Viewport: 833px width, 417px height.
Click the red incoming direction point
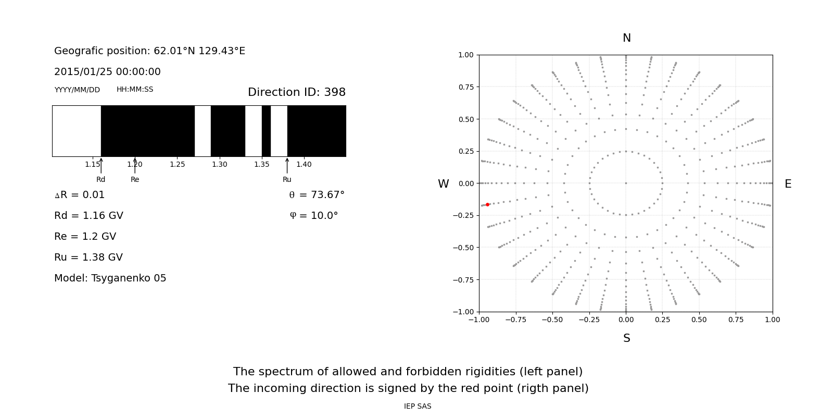click(487, 205)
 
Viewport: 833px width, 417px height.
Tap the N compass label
click(626, 38)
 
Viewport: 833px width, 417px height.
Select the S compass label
click(626, 338)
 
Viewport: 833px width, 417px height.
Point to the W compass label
click(443, 184)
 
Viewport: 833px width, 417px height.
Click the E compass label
click(788, 184)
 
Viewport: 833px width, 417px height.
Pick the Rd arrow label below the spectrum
click(100, 179)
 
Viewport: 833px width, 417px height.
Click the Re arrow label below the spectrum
click(135, 179)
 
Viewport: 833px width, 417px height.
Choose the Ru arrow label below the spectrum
click(287, 179)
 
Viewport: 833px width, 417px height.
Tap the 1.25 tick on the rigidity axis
click(177, 164)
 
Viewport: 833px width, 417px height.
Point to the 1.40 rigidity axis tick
click(304, 164)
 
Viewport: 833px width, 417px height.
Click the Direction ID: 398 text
click(296, 92)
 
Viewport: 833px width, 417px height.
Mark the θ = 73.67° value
click(317, 195)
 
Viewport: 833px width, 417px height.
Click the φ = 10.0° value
click(313, 216)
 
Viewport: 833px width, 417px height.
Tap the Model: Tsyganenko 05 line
click(110, 278)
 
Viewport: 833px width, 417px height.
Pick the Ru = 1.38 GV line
click(89, 257)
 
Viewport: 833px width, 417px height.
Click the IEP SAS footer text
click(417, 406)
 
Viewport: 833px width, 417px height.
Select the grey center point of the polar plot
click(626, 183)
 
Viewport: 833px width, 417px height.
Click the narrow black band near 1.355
click(266, 131)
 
